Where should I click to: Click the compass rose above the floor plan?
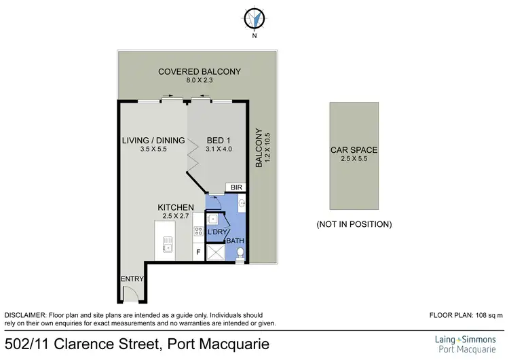click(x=254, y=18)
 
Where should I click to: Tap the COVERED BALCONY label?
click(x=190, y=71)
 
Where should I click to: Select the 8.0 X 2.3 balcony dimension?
click(x=190, y=81)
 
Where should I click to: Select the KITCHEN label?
click(x=176, y=207)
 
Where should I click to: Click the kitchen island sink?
click(x=167, y=246)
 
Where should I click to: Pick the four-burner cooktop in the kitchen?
click(x=198, y=231)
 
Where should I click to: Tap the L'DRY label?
click(x=217, y=233)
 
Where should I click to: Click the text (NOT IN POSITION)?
click(x=354, y=223)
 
